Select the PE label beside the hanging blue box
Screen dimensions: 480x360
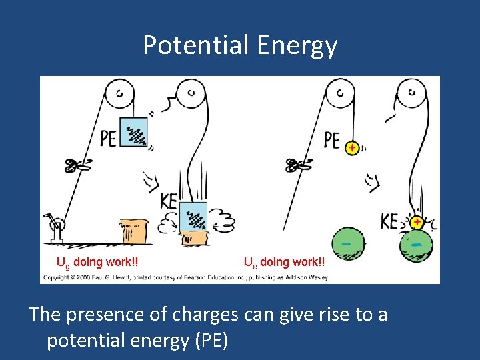(108, 138)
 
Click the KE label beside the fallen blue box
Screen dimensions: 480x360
(169, 200)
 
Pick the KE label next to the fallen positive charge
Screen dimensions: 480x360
(389, 221)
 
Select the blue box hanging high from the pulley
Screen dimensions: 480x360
(133, 131)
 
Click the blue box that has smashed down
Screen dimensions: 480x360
(193, 216)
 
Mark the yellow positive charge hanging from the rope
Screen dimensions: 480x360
(351, 148)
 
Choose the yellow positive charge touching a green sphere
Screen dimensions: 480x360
(417, 221)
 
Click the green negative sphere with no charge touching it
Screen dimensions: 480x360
(347, 245)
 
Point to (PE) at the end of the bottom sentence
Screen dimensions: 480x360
(211, 340)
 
